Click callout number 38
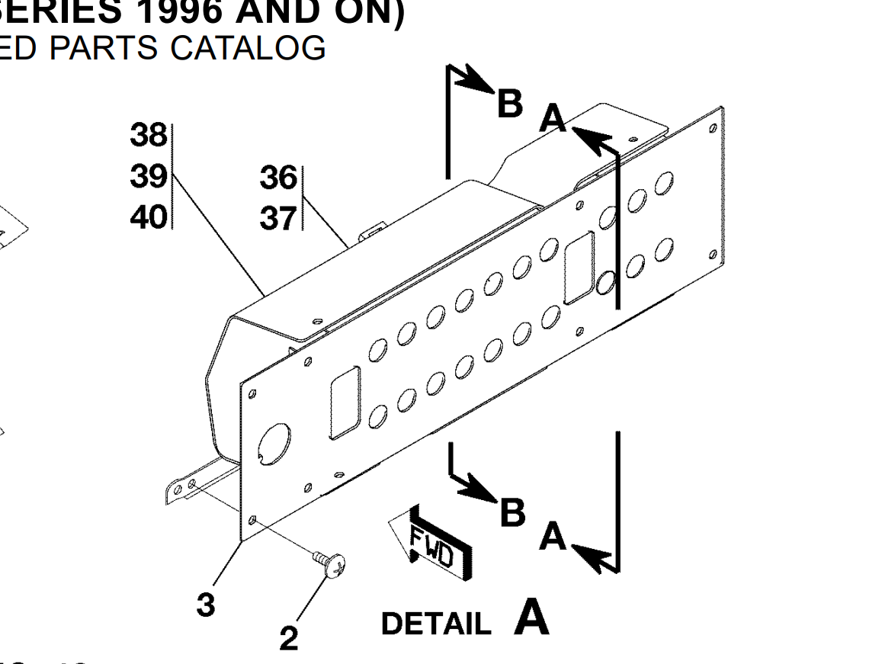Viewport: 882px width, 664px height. (x=148, y=136)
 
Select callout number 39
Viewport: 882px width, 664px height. (x=148, y=177)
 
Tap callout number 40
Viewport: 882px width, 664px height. (x=148, y=217)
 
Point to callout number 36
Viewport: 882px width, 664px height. (x=277, y=178)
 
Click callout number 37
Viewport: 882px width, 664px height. (x=277, y=220)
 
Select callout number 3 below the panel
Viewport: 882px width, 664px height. (x=205, y=605)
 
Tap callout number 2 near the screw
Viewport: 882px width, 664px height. (x=288, y=638)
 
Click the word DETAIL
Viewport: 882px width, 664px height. (x=436, y=624)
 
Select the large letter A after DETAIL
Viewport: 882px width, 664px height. (x=531, y=618)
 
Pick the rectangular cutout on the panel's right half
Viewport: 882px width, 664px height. (x=580, y=268)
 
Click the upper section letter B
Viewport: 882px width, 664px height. (x=509, y=104)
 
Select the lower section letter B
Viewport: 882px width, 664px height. (x=513, y=512)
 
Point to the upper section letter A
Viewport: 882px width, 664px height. (x=553, y=119)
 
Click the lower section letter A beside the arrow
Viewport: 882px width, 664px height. (x=553, y=537)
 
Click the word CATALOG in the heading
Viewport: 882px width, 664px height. (x=249, y=48)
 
